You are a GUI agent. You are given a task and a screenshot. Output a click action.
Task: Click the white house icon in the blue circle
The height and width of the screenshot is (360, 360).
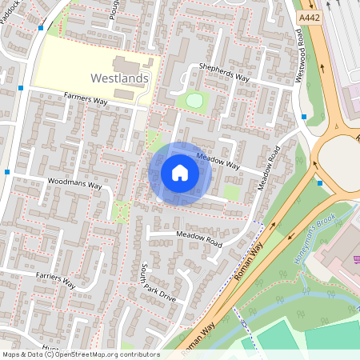(x=180, y=173)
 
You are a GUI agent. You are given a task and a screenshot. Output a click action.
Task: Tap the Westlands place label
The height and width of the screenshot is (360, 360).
(x=121, y=78)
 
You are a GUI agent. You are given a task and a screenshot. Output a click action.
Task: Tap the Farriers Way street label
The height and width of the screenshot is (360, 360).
(x=55, y=280)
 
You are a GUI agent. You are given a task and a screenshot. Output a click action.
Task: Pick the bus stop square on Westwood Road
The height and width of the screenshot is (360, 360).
(x=305, y=117)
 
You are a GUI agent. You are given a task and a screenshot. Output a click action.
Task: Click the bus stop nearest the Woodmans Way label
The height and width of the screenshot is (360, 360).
(x=7, y=172)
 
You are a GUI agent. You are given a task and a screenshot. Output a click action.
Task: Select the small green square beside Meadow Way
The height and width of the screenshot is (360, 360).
(x=230, y=193)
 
